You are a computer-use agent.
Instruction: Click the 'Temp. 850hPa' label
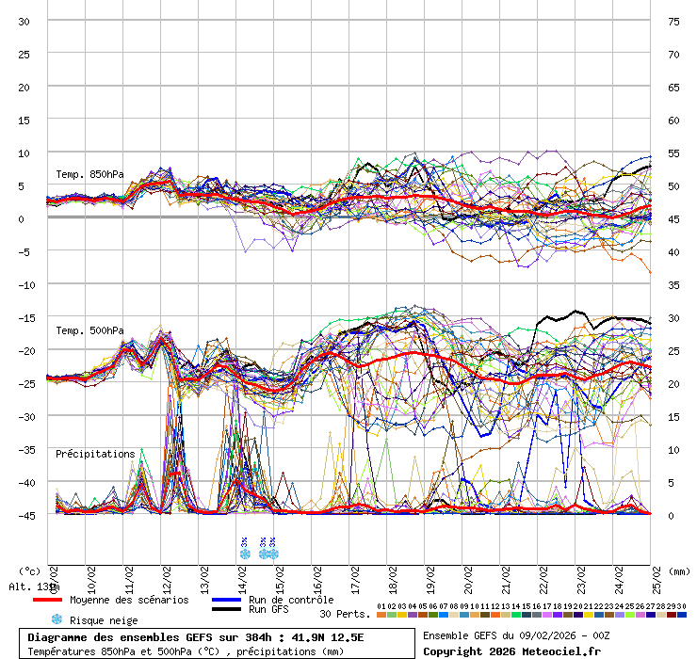pyautogui.click(x=89, y=174)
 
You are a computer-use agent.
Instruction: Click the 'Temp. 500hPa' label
pyautogui.click(x=89, y=330)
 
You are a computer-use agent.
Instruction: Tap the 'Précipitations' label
pyautogui.click(x=95, y=454)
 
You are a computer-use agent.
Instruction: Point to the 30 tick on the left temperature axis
pyautogui.click(x=24, y=22)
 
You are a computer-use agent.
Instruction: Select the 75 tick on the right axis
pyautogui.click(x=673, y=22)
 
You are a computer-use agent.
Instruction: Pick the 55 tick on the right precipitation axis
pyautogui.click(x=673, y=153)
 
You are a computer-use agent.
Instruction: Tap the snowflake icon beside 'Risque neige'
pyautogui.click(x=57, y=619)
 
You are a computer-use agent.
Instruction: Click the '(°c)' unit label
pyautogui.click(x=30, y=571)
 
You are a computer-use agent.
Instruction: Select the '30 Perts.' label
pyautogui.click(x=345, y=614)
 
